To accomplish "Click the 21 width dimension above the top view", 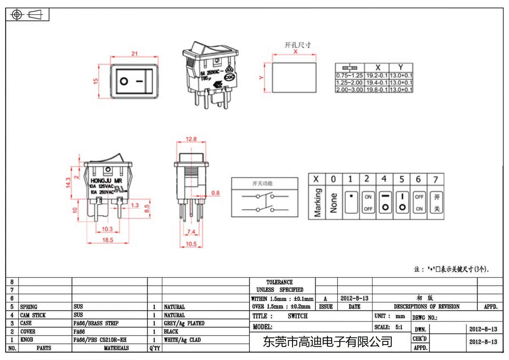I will tap(135, 53).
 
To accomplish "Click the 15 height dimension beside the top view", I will tap(95, 81).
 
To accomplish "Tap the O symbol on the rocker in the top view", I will tap(124, 81).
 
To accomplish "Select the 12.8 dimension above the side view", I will tap(191, 139).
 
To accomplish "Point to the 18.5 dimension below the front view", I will tap(108, 240).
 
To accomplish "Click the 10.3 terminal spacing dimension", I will tap(107, 229).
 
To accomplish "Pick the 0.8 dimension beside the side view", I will tap(215, 193).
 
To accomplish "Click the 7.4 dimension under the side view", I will tap(191, 232).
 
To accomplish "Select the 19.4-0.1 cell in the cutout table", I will tap(377, 83).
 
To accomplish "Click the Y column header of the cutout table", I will tap(401, 67).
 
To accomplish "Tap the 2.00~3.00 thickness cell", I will tap(349, 90).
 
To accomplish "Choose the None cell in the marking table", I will tap(333, 203).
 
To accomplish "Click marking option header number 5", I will tap(401, 179).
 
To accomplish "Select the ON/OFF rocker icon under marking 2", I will tap(368, 203).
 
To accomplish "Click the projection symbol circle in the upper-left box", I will tap(17, 15).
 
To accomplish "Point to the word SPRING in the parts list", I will tap(29, 307).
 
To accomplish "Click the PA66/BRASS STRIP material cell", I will tap(96, 323).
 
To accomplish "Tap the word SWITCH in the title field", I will tap(297, 316).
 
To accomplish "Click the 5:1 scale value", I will tap(399, 327).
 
